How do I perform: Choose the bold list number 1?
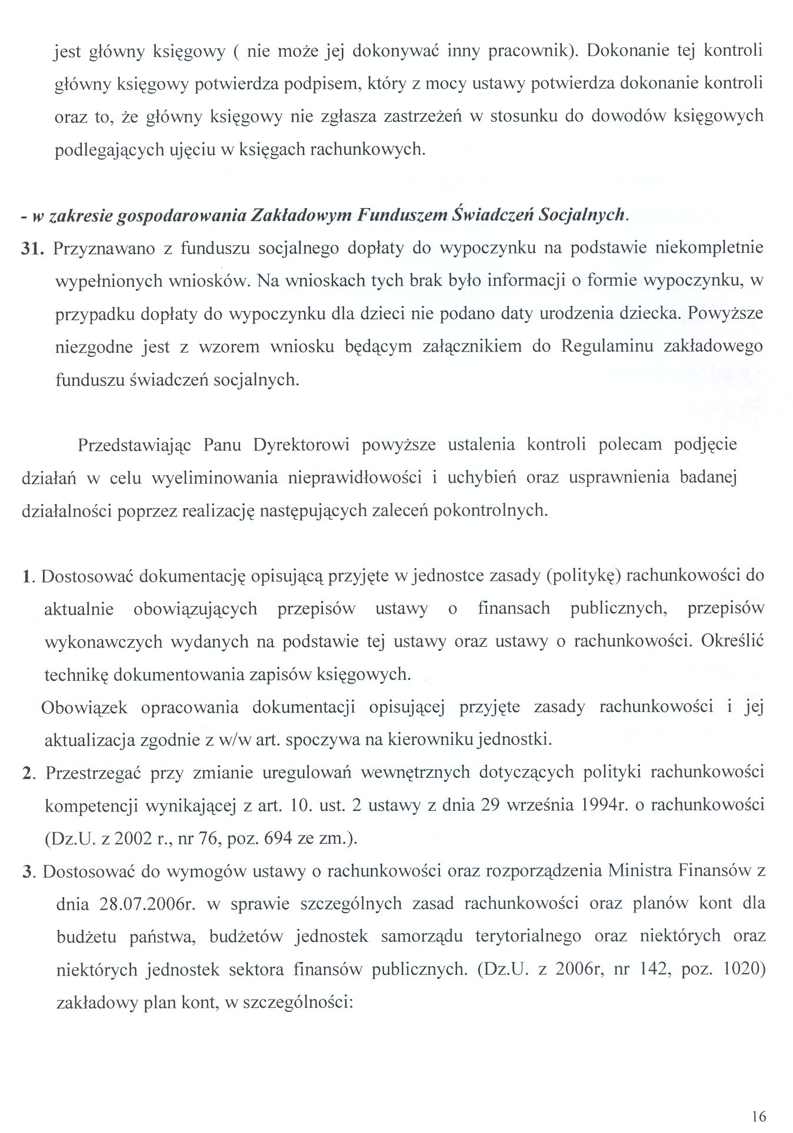[x=26, y=576]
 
